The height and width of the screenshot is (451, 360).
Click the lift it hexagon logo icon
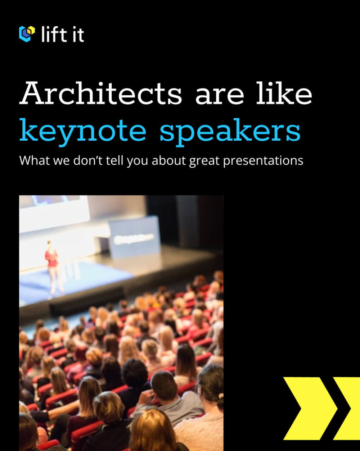click(x=27, y=34)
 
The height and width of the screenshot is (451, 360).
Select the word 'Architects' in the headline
click(x=101, y=93)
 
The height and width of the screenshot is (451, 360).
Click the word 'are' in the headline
click(x=220, y=96)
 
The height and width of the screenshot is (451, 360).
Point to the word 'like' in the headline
click(x=284, y=93)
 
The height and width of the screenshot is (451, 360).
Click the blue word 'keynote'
click(x=83, y=132)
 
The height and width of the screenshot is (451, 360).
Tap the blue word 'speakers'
click(x=230, y=132)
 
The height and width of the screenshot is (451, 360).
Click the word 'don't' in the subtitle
click(x=88, y=160)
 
